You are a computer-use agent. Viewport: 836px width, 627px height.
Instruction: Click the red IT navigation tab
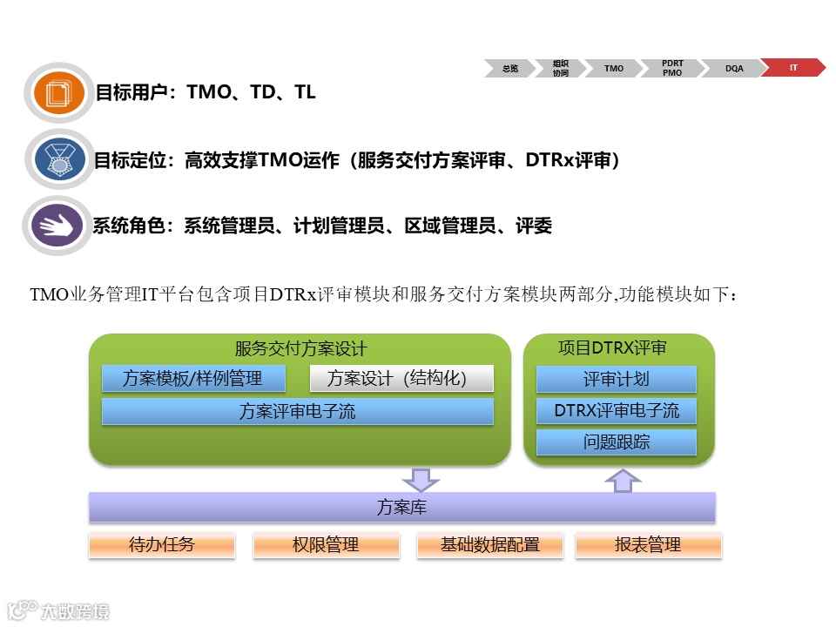click(793, 68)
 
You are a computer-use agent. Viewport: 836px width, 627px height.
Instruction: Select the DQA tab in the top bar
click(734, 68)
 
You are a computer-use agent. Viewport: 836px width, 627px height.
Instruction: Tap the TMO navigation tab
click(614, 68)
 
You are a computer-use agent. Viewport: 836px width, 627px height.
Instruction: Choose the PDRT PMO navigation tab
click(672, 68)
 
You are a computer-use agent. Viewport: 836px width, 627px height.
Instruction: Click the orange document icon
click(59, 91)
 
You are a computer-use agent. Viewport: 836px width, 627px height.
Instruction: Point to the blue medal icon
click(59, 158)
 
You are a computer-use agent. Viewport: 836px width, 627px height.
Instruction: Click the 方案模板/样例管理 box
click(193, 379)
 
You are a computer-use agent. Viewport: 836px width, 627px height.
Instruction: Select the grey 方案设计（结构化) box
click(401, 379)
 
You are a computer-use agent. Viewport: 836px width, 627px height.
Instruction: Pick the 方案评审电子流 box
click(298, 412)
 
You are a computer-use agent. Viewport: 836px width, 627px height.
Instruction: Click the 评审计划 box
click(617, 380)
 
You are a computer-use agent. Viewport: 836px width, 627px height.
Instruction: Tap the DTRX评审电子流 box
click(617, 411)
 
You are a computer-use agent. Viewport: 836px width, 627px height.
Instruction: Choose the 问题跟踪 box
click(617, 442)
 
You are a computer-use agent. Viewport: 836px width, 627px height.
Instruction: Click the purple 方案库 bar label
click(401, 507)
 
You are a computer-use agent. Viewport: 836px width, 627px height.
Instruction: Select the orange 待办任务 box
click(162, 545)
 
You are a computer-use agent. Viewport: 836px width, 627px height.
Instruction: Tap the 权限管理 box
click(326, 545)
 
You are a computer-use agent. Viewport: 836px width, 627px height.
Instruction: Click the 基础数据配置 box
click(490, 545)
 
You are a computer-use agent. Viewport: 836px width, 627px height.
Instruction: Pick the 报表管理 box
click(648, 545)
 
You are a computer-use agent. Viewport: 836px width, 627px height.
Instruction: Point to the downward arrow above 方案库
click(421, 479)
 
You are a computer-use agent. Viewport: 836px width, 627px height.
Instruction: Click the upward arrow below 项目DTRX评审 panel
click(622, 480)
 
